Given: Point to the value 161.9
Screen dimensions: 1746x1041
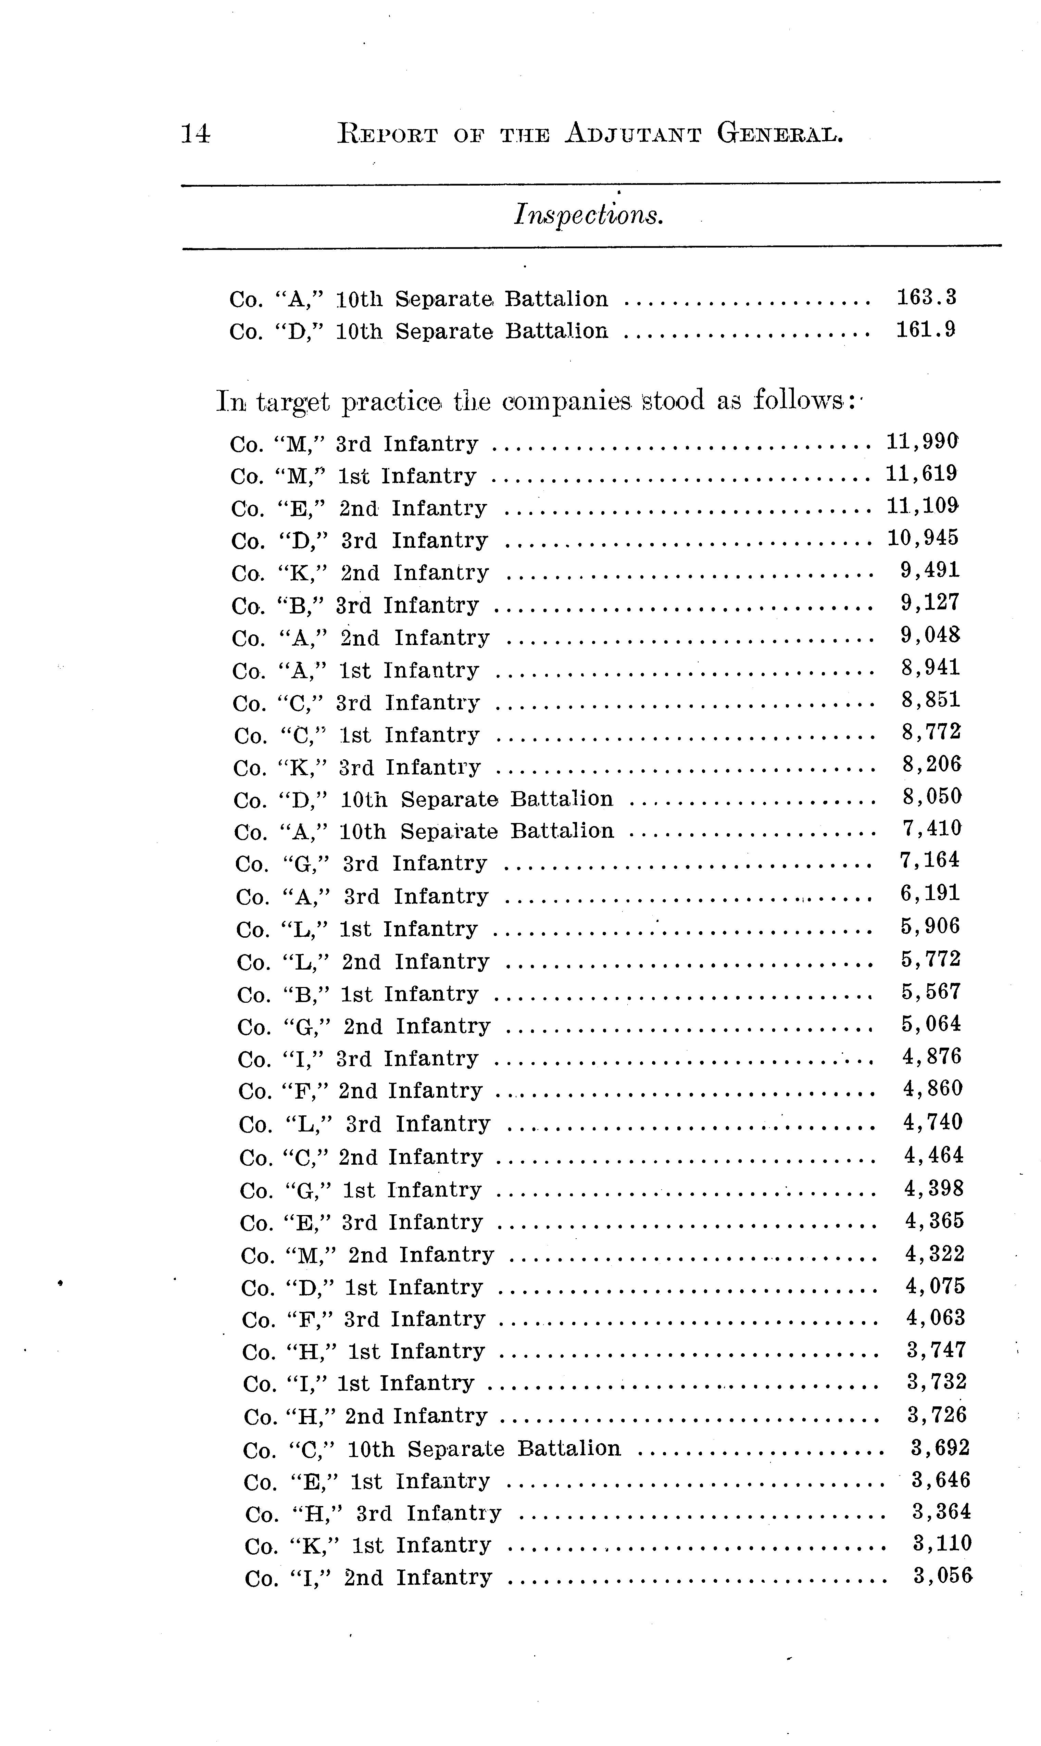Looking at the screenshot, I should pyautogui.click(x=926, y=330).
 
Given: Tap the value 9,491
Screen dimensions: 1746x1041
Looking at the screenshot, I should pyautogui.click(x=929, y=571).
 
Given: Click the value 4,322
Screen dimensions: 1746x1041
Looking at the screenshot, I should pyautogui.click(x=935, y=1254).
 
